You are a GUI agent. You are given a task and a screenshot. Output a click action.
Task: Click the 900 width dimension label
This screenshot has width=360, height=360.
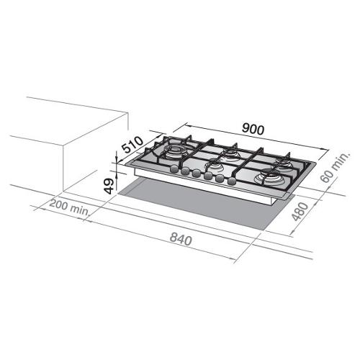coord(253,129)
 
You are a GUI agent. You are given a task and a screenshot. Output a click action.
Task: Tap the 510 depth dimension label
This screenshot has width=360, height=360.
coord(132,145)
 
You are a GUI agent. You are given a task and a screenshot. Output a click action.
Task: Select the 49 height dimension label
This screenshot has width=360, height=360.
coord(109,186)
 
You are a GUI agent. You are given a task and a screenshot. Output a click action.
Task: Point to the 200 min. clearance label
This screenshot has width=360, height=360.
coord(69,208)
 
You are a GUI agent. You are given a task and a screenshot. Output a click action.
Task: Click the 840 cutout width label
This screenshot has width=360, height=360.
coord(181,240)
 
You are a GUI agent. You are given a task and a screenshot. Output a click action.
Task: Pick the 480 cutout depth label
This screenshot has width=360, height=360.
coord(300,212)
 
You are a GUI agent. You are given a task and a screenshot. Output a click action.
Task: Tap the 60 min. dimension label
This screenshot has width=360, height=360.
coord(336,167)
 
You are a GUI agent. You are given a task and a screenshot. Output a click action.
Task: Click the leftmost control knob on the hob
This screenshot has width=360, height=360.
coord(174,169)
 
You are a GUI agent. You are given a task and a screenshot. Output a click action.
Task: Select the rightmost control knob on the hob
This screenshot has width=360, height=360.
coord(231,181)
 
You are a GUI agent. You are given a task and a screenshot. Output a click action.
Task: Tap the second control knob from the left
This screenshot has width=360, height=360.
coord(185,171)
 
